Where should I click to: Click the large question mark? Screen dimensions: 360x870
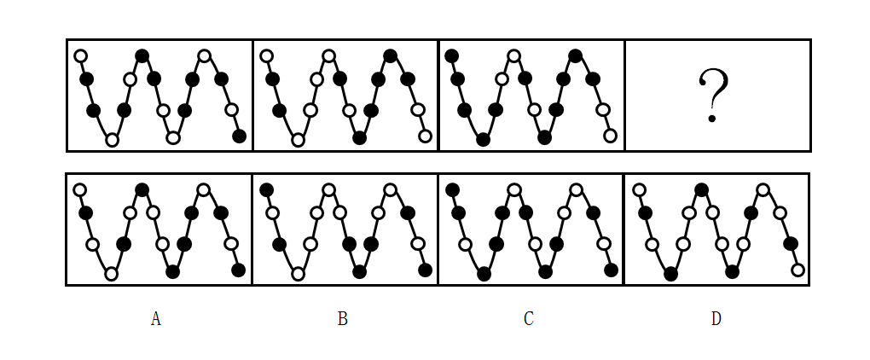tap(714, 96)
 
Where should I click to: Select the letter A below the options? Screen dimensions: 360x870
tap(155, 319)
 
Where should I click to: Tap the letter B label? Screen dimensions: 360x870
tap(342, 319)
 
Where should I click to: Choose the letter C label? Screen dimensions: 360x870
tap(529, 319)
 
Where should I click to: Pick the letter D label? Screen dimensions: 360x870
tap(716, 319)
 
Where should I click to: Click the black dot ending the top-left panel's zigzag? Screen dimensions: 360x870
tap(239, 136)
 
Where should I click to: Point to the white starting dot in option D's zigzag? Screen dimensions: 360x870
tap(639, 189)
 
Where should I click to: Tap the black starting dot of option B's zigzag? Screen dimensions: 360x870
tap(266, 189)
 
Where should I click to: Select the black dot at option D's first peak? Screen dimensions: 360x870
tap(701, 189)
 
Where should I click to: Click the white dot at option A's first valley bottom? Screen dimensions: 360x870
tap(111, 274)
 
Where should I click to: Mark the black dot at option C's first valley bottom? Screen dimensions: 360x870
tap(484, 274)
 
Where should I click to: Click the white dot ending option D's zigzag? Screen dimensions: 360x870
tap(797, 270)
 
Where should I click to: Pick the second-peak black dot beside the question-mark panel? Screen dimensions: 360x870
tap(576, 56)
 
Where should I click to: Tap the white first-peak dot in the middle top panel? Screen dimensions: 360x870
tap(328, 56)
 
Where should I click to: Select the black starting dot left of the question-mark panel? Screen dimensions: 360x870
tap(452, 56)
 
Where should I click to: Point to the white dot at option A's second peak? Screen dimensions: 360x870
tap(203, 189)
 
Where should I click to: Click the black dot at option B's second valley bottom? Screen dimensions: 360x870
tap(359, 272)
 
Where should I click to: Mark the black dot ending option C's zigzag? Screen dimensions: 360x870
tap(611, 270)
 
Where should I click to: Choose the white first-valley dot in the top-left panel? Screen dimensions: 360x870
tap(111, 140)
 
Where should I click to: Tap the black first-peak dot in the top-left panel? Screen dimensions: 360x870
tap(142, 56)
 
